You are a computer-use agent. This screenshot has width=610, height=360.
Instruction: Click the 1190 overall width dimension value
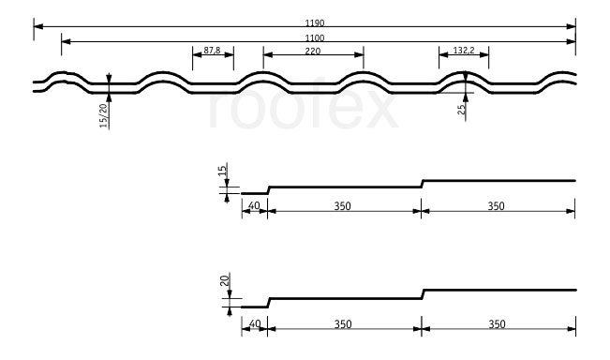(x=314, y=22)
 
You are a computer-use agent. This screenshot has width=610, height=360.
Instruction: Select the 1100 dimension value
(x=314, y=37)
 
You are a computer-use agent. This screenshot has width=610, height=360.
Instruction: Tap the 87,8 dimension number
(x=212, y=51)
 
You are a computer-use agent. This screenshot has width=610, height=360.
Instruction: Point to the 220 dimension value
(x=313, y=51)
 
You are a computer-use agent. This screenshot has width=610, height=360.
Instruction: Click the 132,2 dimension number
(x=464, y=51)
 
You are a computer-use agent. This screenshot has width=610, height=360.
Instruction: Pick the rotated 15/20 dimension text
(x=103, y=115)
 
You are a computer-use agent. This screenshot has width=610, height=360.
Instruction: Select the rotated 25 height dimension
(x=461, y=109)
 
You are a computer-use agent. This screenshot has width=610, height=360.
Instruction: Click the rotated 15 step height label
(x=222, y=171)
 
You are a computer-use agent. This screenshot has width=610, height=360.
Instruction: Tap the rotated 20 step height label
(x=225, y=279)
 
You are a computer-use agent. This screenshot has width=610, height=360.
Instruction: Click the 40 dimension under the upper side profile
(x=254, y=205)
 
